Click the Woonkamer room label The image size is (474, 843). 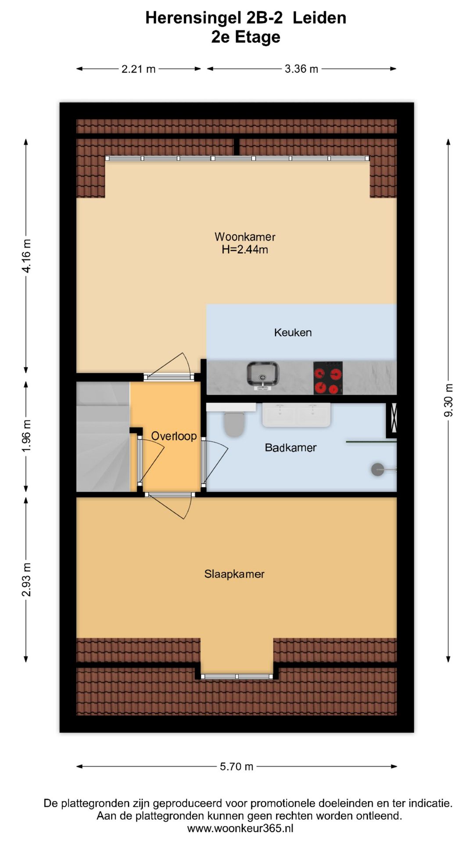245,237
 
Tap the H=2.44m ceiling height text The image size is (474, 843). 245,250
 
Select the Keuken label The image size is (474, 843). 293,332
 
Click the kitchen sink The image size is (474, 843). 262,376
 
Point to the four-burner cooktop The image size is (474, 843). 328,378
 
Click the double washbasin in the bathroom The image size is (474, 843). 296,415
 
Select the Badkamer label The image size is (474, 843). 291,448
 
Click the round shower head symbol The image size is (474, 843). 377,469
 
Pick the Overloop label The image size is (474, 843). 174,436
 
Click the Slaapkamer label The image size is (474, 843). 234,574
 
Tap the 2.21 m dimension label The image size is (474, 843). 139,69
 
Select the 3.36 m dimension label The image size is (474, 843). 302,69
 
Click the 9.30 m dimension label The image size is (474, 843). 449,400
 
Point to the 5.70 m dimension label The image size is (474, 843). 237,767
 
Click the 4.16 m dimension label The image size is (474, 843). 26,256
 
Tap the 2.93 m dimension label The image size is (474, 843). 26,580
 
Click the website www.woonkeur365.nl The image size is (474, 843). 240,829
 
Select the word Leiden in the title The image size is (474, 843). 320,18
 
